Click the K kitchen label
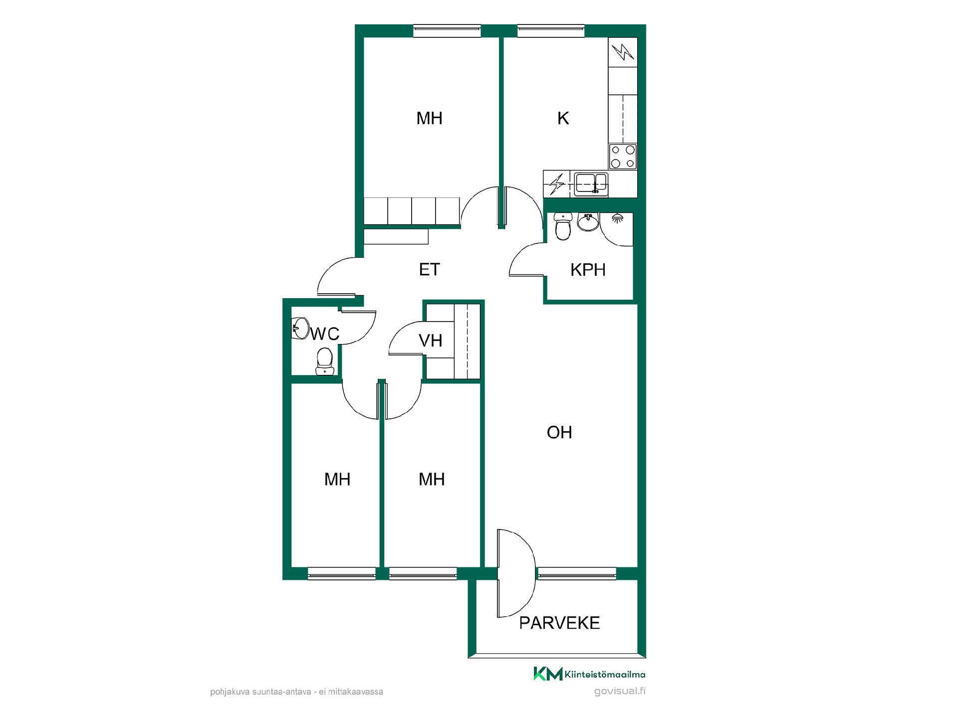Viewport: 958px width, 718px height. [x=563, y=118]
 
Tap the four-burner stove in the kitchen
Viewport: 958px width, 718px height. [x=623, y=157]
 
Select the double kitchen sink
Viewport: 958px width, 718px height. [x=591, y=183]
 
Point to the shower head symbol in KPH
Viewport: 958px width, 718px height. [x=618, y=218]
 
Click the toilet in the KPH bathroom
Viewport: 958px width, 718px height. [x=563, y=226]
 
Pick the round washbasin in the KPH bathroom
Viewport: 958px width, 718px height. [x=589, y=222]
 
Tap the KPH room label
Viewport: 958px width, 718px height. [x=588, y=270]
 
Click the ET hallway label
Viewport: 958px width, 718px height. [x=429, y=269]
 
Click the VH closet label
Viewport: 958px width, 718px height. [x=430, y=341]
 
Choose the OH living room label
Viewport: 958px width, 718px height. [x=559, y=432]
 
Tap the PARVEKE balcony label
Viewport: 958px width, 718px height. [x=559, y=623]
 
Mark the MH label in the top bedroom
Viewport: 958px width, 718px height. [x=429, y=118]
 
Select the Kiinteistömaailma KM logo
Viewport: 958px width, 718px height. [x=589, y=674]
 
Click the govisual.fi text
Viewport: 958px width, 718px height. [x=620, y=691]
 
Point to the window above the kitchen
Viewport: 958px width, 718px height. [x=551, y=31]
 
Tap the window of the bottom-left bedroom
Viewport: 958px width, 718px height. [x=342, y=573]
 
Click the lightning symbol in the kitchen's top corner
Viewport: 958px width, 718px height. [x=623, y=52]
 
